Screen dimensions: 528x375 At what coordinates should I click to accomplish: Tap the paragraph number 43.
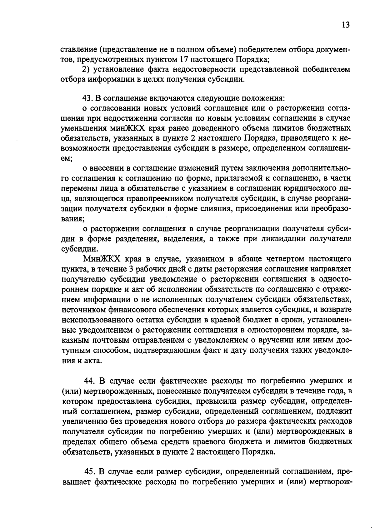tap(86, 98)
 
